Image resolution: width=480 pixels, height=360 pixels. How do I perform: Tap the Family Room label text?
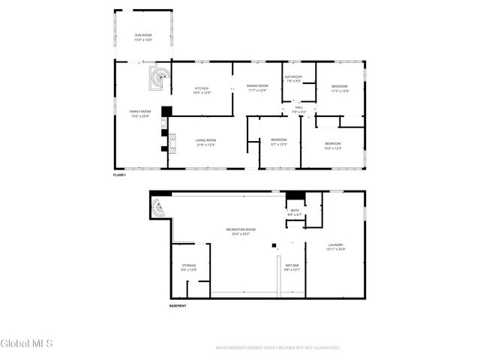coord(140,112)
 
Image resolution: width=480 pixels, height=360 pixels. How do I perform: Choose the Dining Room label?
coord(257,87)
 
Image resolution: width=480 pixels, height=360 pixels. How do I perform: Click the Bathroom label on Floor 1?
coord(292,78)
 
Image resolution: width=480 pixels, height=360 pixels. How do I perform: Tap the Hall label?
coord(298,109)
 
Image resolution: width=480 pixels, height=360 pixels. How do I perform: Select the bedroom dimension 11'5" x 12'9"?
coord(340,91)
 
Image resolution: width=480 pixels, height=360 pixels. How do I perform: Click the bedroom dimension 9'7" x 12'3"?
coord(279,144)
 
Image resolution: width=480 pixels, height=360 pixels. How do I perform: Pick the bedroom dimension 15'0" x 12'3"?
coord(333,148)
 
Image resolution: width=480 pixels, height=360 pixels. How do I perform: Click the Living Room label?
coord(206,141)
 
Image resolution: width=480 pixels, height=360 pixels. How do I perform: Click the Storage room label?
coord(189,266)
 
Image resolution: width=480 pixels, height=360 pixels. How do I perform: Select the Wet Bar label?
coord(292,266)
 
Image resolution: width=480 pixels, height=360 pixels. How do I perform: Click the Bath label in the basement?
coord(294,212)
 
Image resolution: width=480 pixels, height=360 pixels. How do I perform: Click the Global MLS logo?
coord(27,344)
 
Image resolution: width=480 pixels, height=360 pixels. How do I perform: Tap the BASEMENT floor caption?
coord(177,306)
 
